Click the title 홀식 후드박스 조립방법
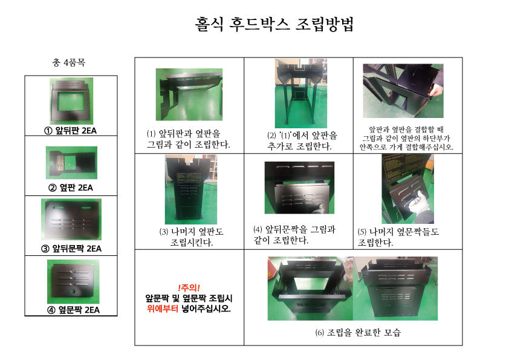(x=274, y=24)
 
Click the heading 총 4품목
(x=68, y=62)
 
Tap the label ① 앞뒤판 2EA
(x=71, y=131)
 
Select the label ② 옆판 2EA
(x=71, y=188)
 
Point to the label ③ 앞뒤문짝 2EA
(x=71, y=249)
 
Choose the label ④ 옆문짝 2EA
(x=74, y=310)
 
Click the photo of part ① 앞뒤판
(x=71, y=100)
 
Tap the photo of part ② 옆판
(x=71, y=163)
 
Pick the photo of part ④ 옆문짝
(x=73, y=281)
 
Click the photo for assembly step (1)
(x=189, y=94)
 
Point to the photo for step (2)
(x=301, y=93)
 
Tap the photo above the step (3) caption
(x=191, y=189)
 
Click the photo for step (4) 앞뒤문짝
(x=299, y=188)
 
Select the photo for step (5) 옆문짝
(x=407, y=189)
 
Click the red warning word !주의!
(x=189, y=287)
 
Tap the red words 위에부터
(x=162, y=309)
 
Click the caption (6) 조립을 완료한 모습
(x=358, y=332)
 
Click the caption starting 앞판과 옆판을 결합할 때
(x=406, y=139)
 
